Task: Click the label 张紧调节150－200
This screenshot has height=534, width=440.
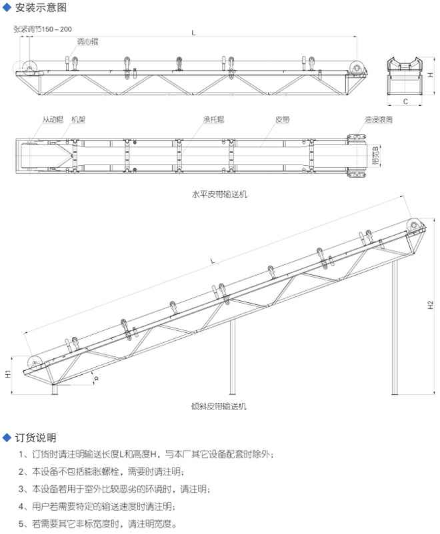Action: coord(43,29)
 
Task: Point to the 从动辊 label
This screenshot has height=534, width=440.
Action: coord(53,120)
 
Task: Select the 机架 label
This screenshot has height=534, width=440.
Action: coord(78,120)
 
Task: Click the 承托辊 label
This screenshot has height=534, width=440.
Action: coord(213,120)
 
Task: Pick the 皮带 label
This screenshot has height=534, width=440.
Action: coord(282,120)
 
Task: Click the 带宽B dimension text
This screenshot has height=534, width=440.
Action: coord(376,156)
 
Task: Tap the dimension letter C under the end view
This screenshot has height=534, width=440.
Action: coord(405,102)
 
